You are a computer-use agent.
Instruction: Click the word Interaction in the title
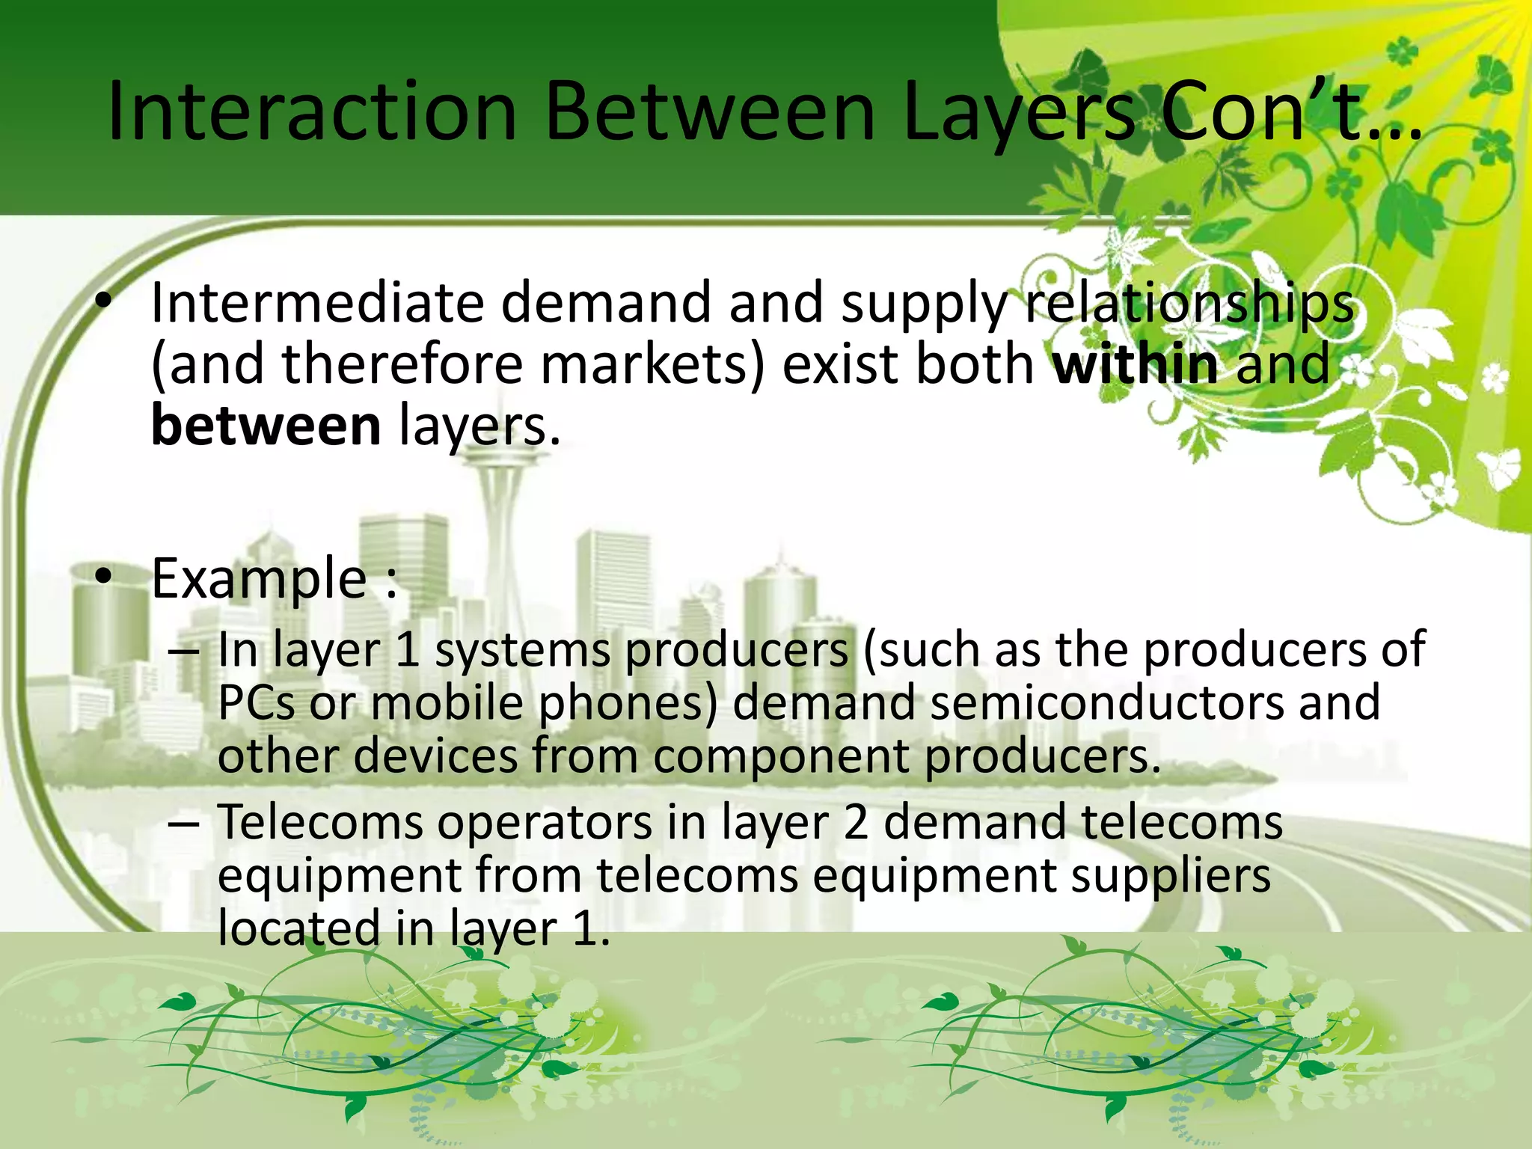pos(313,112)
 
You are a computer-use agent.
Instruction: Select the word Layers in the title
pos(1020,112)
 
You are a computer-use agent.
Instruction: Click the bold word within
pos(1135,364)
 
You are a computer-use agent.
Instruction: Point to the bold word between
pos(266,425)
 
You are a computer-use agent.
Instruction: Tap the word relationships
pos(1189,303)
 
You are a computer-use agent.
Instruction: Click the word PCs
pos(256,703)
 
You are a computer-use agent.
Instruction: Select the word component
pos(780,756)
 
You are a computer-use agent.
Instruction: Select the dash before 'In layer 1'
pos(184,652)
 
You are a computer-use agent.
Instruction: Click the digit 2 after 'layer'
pos(855,822)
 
